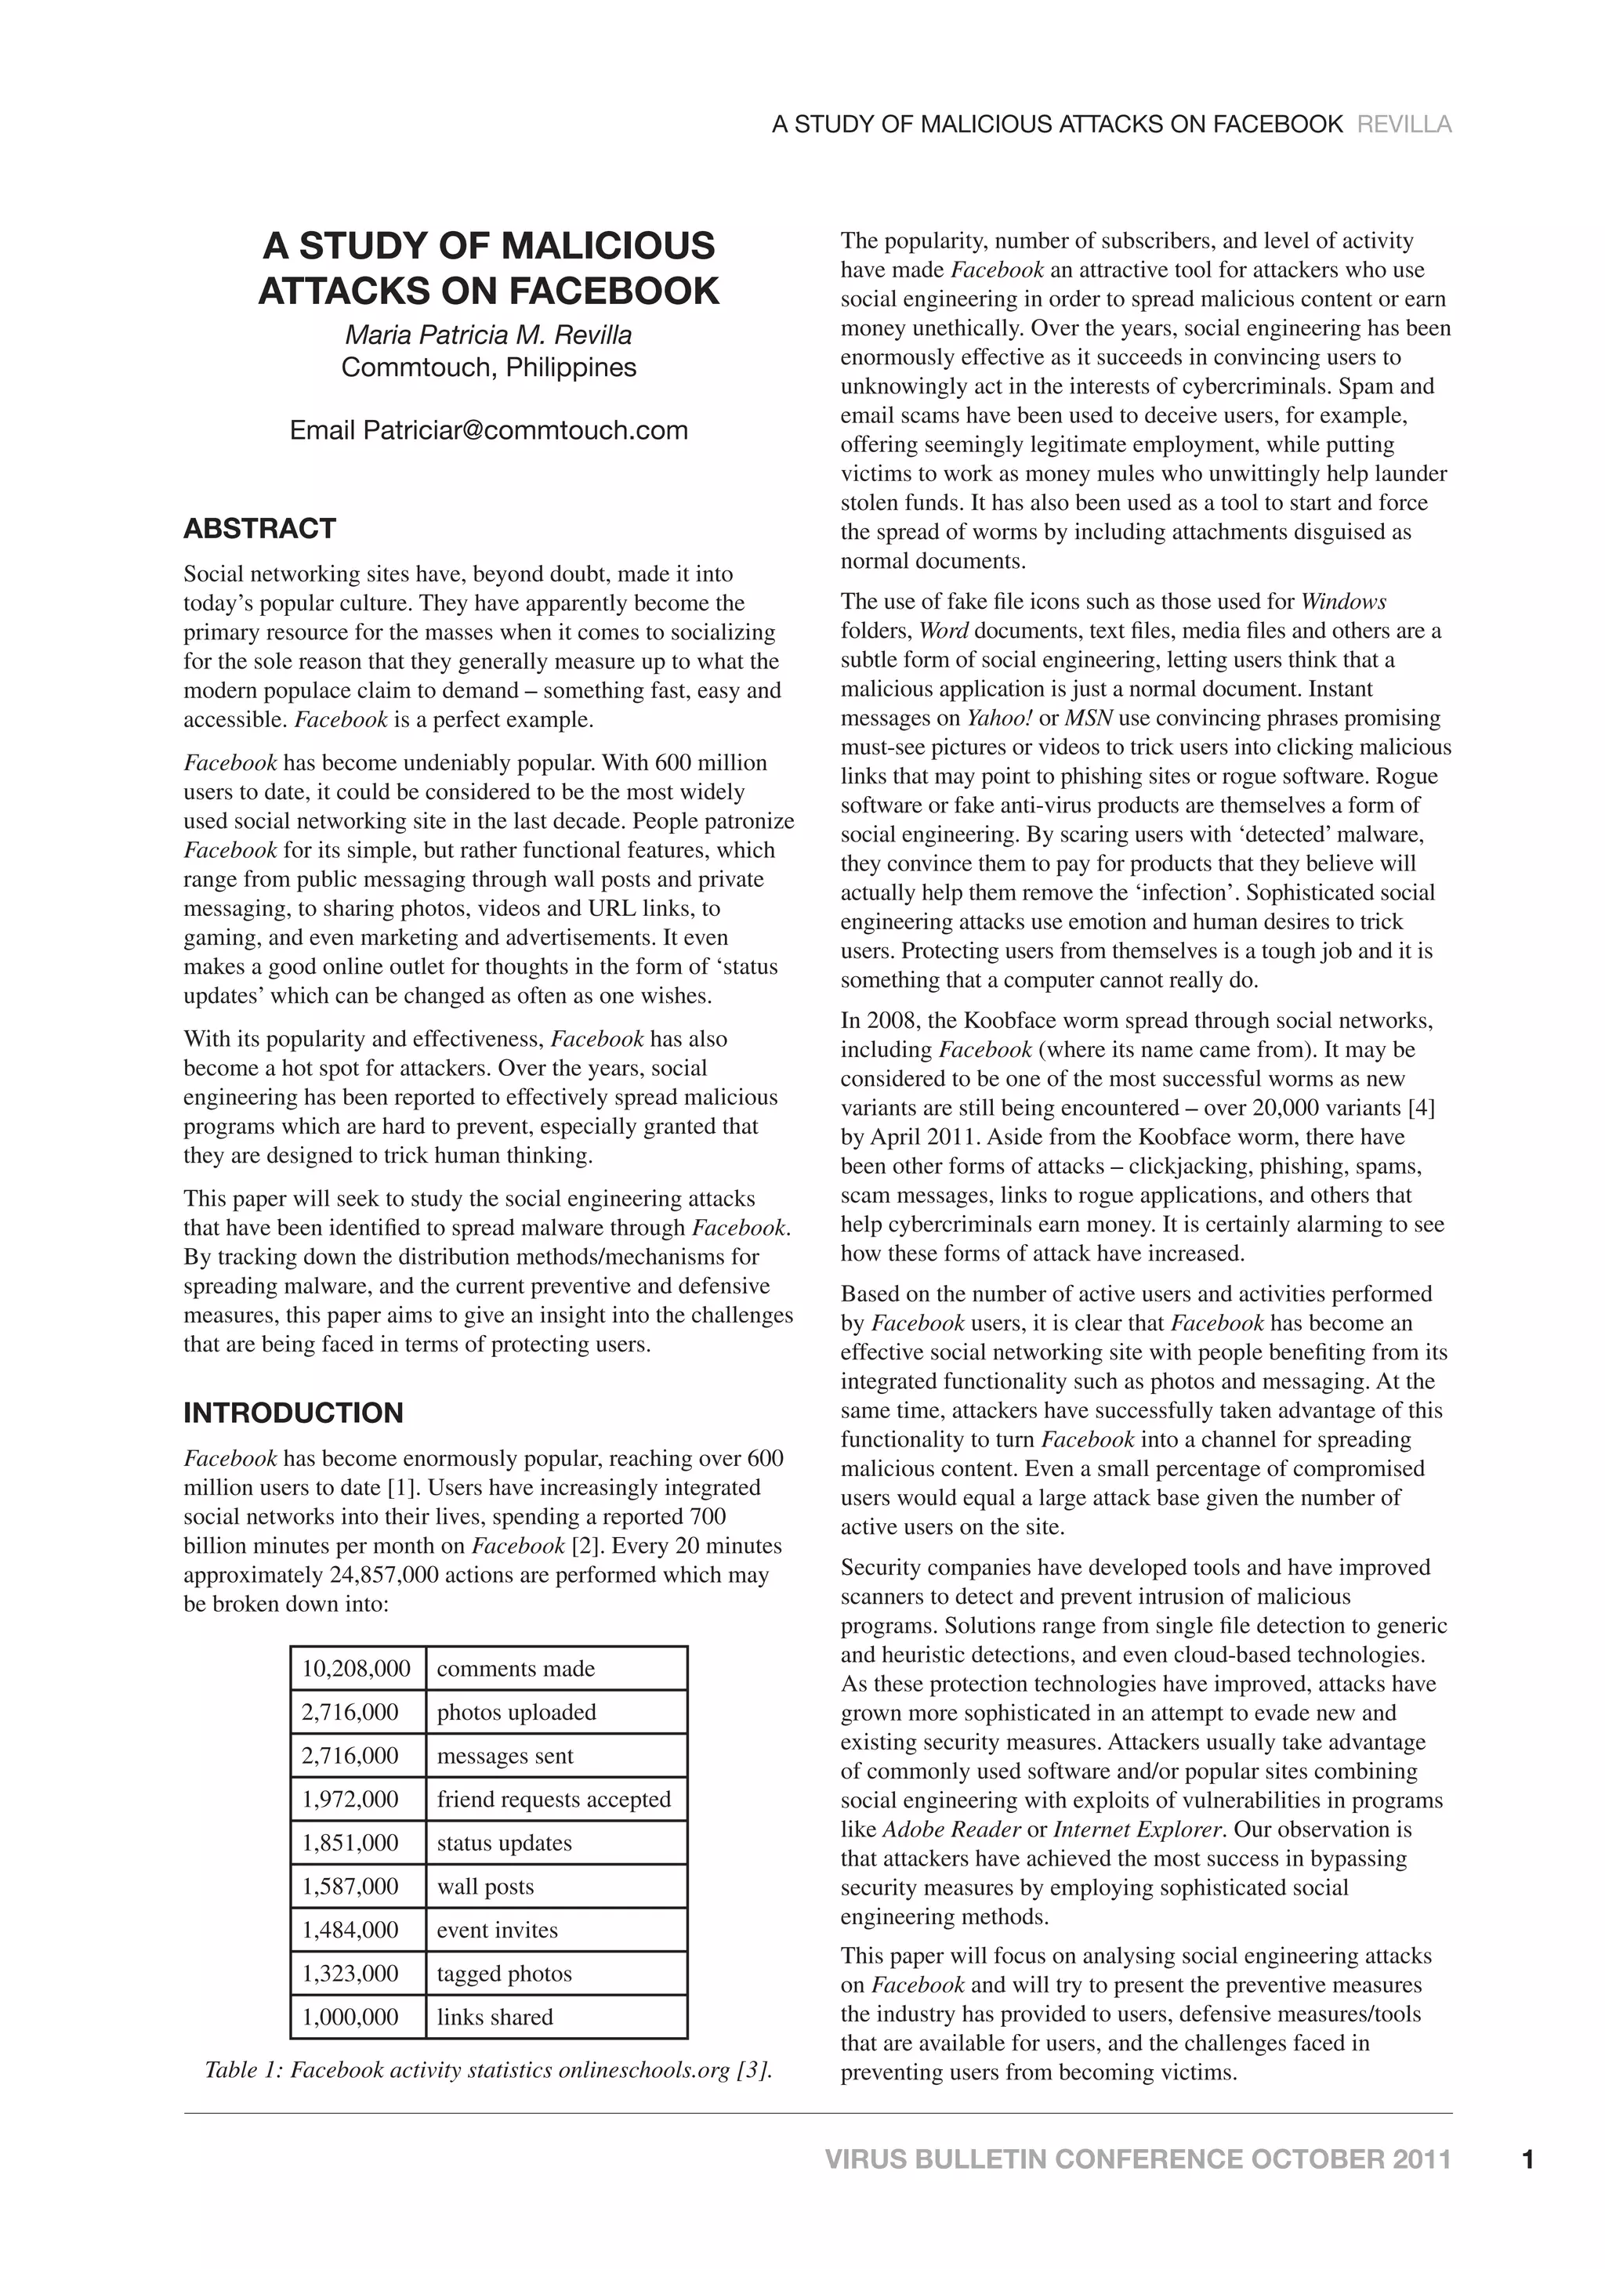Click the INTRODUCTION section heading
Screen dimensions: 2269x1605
294,1413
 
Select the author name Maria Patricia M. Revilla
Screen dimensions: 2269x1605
488,335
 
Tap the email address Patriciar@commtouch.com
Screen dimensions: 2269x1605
525,431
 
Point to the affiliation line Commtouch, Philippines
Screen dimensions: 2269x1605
488,367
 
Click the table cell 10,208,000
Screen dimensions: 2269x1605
356,1669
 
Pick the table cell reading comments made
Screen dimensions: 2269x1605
516,1669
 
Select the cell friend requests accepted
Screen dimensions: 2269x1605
553,1800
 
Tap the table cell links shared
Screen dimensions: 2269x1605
495,2017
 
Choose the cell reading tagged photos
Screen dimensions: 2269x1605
504,1974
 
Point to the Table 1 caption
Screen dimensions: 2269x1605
487,2070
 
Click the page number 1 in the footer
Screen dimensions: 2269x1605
1528,2160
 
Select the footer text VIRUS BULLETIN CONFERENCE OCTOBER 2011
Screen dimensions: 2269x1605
1138,2160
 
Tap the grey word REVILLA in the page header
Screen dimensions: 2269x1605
1404,125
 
